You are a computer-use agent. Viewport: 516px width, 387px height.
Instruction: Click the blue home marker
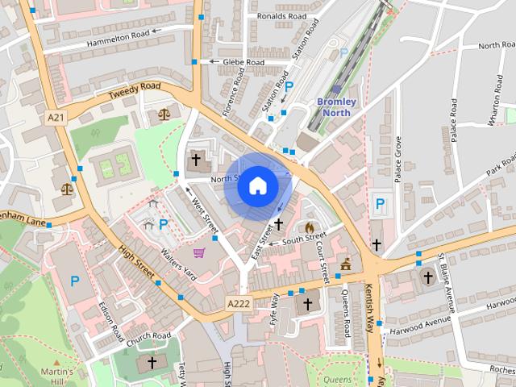tap(257, 186)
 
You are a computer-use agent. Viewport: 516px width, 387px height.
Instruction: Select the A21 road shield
tap(56, 118)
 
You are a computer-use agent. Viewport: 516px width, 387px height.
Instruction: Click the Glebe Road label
tap(243, 62)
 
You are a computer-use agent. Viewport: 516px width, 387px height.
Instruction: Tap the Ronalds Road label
tap(281, 15)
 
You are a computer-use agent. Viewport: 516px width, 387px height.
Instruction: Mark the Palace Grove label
tap(397, 159)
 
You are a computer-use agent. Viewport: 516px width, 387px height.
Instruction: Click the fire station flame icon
tap(310, 227)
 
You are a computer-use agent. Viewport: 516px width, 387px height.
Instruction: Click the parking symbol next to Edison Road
tap(75, 281)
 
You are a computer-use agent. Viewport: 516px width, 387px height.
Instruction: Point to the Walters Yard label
tap(179, 264)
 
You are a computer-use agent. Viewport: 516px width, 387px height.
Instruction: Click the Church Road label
tap(148, 335)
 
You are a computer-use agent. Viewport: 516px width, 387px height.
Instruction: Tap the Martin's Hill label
tap(57, 377)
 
